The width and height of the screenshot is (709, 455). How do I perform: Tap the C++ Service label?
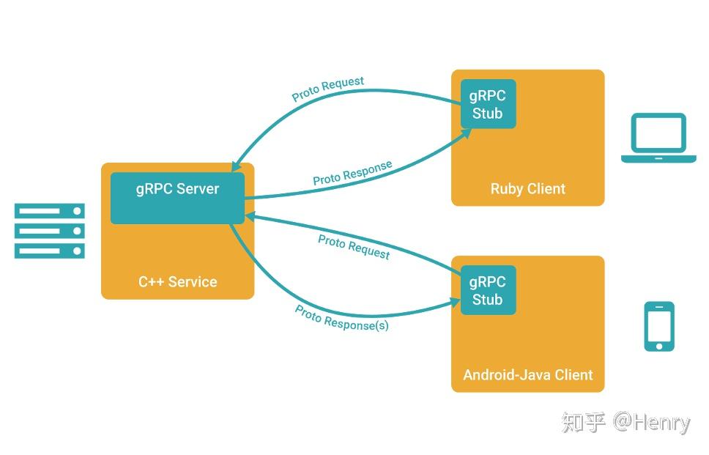coord(178,281)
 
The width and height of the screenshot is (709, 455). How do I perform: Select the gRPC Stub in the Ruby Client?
coord(488,104)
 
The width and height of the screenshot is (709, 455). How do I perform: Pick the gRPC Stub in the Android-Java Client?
coord(488,290)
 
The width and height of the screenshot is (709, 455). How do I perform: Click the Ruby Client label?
coord(527,188)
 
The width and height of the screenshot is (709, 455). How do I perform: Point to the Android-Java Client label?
coord(527,374)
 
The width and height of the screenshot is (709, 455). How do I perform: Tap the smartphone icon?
coord(658,326)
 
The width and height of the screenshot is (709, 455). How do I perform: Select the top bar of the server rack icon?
coord(50,211)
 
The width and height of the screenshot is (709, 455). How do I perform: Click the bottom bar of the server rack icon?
coord(50,251)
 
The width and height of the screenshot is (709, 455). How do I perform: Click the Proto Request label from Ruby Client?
coord(327,89)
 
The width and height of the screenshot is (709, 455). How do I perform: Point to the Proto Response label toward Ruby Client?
coord(352,173)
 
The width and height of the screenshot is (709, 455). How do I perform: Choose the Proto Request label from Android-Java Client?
coord(354,246)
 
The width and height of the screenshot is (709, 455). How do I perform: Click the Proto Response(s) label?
coord(341,318)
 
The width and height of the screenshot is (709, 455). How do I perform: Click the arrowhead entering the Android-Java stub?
coord(454,300)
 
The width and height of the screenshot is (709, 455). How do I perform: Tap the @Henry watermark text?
coord(651,423)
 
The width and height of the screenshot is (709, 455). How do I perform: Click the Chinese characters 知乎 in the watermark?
coord(584,422)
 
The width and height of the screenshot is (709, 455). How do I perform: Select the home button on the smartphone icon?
coord(659,345)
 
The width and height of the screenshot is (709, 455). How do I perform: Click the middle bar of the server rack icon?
coord(50,231)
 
